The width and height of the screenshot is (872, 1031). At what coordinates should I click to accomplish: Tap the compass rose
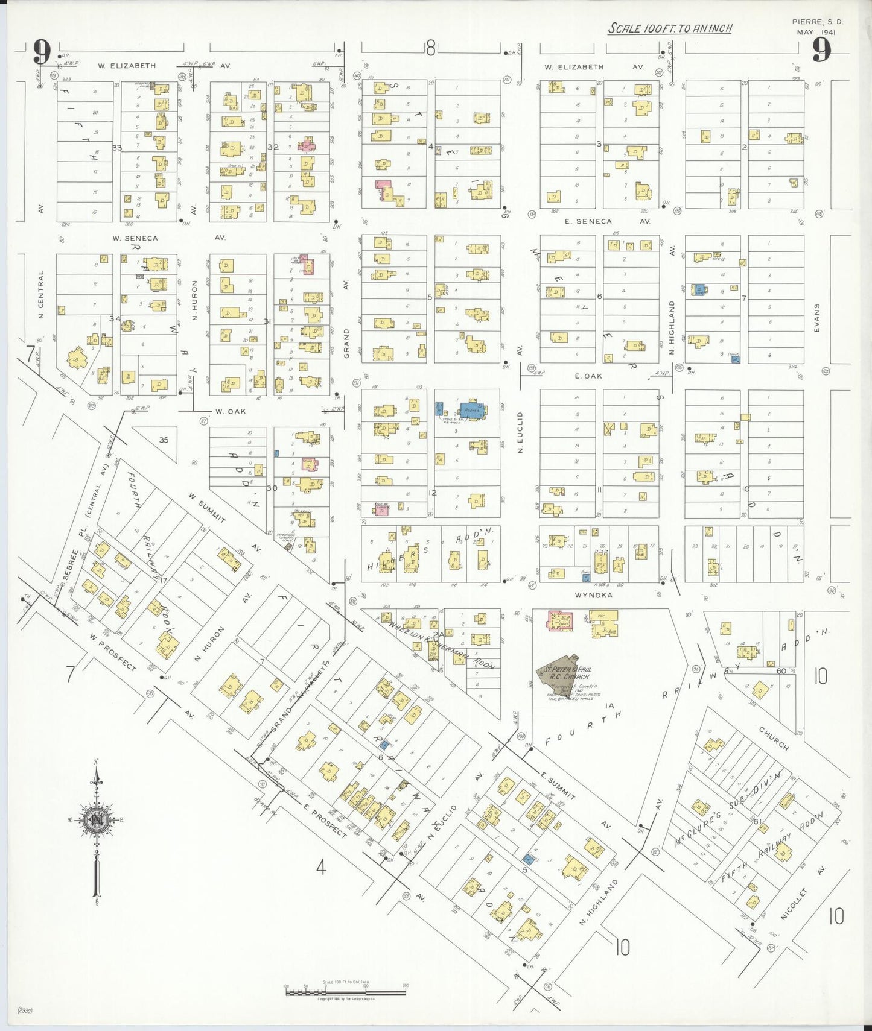click(x=95, y=821)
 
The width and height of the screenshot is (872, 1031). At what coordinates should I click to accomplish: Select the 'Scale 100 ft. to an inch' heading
click(x=669, y=28)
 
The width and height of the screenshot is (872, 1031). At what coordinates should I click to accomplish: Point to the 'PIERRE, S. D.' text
click(x=817, y=22)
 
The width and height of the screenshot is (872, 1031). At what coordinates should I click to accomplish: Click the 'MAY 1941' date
click(x=816, y=33)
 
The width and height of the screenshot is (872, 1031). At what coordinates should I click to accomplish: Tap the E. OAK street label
click(x=588, y=376)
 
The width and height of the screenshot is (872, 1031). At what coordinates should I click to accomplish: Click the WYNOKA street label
click(x=593, y=595)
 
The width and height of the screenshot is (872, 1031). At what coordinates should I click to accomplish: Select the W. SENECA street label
click(x=135, y=238)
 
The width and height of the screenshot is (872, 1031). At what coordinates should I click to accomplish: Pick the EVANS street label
click(x=816, y=318)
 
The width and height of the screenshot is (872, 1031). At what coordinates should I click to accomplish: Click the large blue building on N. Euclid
click(x=473, y=411)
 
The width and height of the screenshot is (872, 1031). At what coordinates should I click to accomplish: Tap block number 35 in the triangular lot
click(x=164, y=440)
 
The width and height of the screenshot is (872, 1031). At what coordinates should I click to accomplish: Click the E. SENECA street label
click(x=588, y=221)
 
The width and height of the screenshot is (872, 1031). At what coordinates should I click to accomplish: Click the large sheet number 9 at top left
click(x=42, y=52)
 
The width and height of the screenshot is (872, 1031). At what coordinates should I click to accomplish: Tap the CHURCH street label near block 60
click(x=774, y=739)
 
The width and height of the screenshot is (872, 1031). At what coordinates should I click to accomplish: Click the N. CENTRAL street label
click(x=40, y=295)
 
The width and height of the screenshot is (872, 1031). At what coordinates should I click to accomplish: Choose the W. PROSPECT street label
click(x=113, y=651)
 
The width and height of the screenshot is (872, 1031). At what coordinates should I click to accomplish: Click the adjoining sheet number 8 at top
click(x=430, y=48)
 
